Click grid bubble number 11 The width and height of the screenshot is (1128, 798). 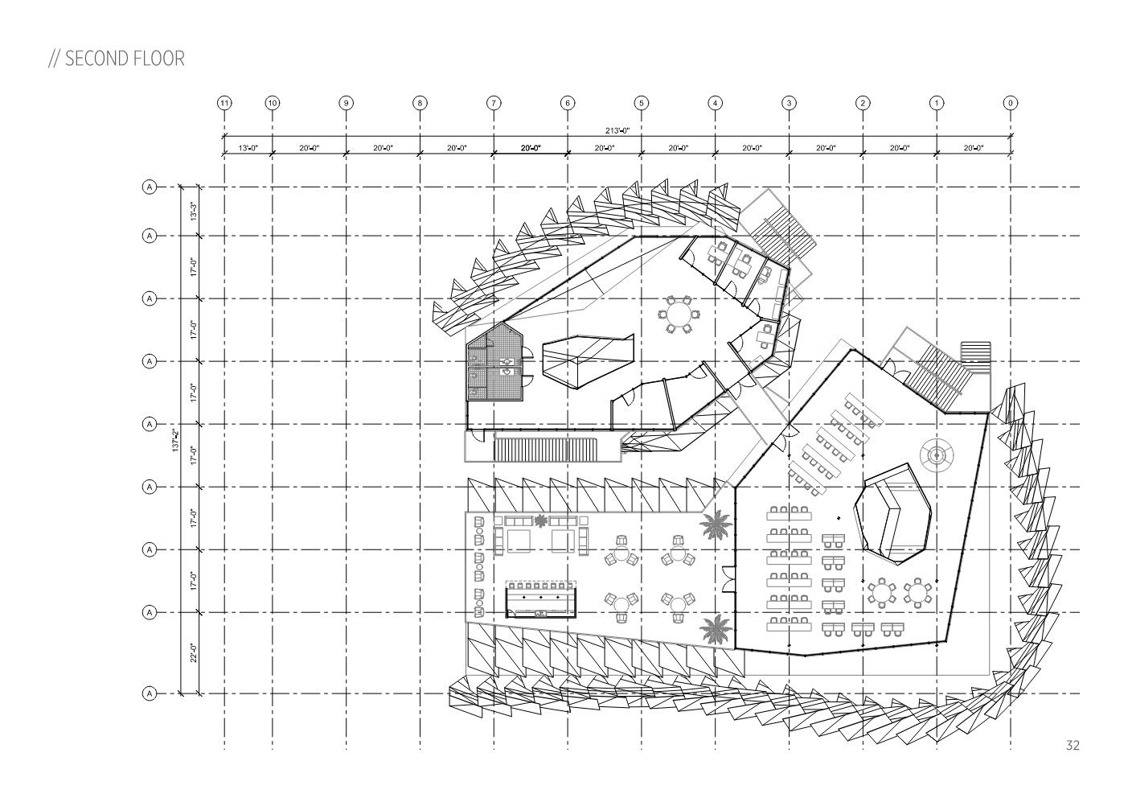pyautogui.click(x=224, y=103)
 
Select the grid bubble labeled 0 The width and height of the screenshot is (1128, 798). pyautogui.click(x=1011, y=103)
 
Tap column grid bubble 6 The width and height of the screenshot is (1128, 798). pyautogui.click(x=568, y=103)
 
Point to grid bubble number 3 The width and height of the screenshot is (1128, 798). pyautogui.click(x=789, y=103)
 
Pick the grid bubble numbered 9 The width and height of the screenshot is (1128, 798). pyautogui.click(x=346, y=103)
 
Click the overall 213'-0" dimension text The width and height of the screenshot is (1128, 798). pyautogui.click(x=617, y=130)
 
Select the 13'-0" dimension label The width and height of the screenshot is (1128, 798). pyautogui.click(x=248, y=148)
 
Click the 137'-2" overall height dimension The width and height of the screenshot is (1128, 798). pyautogui.click(x=175, y=439)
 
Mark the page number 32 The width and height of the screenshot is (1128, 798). pyautogui.click(x=1072, y=746)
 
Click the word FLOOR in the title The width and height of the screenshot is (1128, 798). pyautogui.click(x=156, y=59)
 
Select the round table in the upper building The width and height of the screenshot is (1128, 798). pyautogui.click(x=680, y=314)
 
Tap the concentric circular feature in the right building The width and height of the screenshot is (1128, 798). pyautogui.click(x=937, y=456)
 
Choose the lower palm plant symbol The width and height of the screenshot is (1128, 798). pyautogui.click(x=712, y=628)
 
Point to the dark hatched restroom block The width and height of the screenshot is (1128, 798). pyautogui.click(x=495, y=365)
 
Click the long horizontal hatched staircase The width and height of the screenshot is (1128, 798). pyautogui.click(x=546, y=447)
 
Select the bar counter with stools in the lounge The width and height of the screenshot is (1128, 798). pyautogui.click(x=541, y=600)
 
